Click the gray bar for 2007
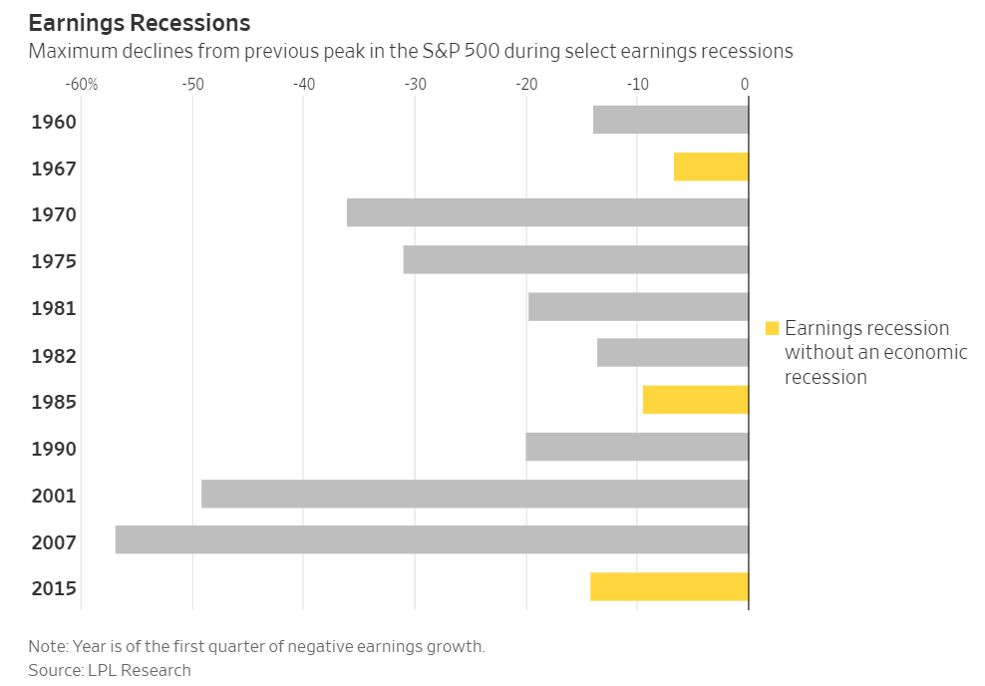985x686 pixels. click(x=432, y=539)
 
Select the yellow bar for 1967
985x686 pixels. click(x=711, y=167)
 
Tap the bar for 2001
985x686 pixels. click(x=475, y=494)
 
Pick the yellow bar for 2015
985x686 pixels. click(x=669, y=586)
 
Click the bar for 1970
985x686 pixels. click(x=547, y=212)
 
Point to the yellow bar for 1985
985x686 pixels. click(x=695, y=400)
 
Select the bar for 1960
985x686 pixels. click(x=670, y=120)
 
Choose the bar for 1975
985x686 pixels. click(x=575, y=259)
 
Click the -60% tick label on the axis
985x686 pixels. click(x=81, y=85)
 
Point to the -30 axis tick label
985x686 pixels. click(x=415, y=85)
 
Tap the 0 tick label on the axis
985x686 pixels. click(x=744, y=85)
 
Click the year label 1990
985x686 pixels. click(x=54, y=449)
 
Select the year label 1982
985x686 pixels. click(x=54, y=355)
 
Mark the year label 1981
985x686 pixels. click(x=54, y=308)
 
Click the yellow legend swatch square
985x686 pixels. click(x=772, y=328)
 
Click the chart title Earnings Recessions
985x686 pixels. click(x=140, y=22)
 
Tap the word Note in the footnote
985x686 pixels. click(x=46, y=646)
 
